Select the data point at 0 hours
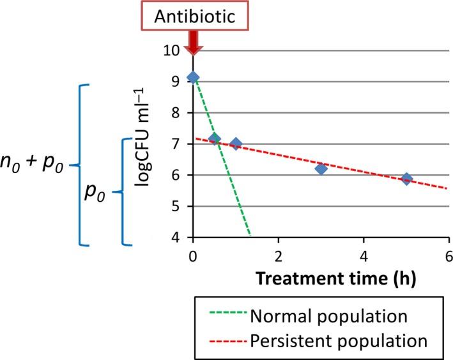193,77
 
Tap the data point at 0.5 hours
214,139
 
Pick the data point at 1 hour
236,144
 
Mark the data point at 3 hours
321,169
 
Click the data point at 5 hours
406,179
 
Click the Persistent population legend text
339,338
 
